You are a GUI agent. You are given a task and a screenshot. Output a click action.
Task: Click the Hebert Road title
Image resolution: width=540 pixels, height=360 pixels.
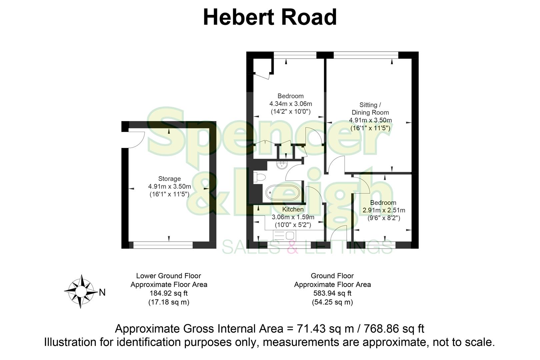pyautogui.click(x=270, y=17)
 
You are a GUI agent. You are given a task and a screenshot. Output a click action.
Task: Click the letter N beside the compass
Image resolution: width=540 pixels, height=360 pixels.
pyautogui.click(x=102, y=293)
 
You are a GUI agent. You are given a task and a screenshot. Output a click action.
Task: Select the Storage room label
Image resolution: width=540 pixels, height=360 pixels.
pyautogui.click(x=169, y=179)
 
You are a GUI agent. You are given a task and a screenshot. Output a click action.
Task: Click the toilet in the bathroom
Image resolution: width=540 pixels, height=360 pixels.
pyautogui.click(x=259, y=177)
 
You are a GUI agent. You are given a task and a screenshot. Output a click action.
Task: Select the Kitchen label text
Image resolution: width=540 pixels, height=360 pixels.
pyautogui.click(x=293, y=209)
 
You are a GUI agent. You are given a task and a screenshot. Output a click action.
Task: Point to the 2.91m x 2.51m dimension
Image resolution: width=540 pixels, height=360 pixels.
pyautogui.click(x=384, y=210)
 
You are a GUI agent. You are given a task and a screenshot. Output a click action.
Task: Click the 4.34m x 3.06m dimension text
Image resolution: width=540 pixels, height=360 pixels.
pyautogui.click(x=291, y=104)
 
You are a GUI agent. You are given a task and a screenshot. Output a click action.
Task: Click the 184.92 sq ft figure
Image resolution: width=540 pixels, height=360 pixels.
pyautogui.click(x=169, y=293)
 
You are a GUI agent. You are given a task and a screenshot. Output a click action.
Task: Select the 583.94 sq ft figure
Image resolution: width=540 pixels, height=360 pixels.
pyautogui.click(x=332, y=293)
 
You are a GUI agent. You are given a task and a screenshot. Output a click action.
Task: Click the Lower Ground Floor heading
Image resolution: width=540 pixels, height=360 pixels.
pyautogui.click(x=169, y=276)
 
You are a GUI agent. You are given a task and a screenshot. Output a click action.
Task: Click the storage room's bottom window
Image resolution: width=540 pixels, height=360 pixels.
pyautogui.click(x=163, y=245)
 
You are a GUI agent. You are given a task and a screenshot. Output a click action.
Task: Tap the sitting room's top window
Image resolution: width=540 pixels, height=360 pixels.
pyautogui.click(x=366, y=55)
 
